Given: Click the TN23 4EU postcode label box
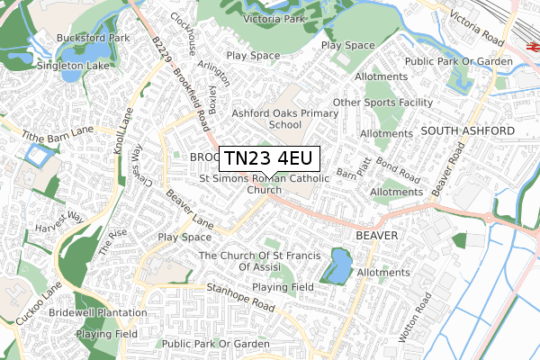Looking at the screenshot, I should (x=268, y=158).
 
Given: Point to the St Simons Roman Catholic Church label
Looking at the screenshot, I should (x=265, y=184).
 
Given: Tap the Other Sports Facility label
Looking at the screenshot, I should (x=382, y=103).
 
